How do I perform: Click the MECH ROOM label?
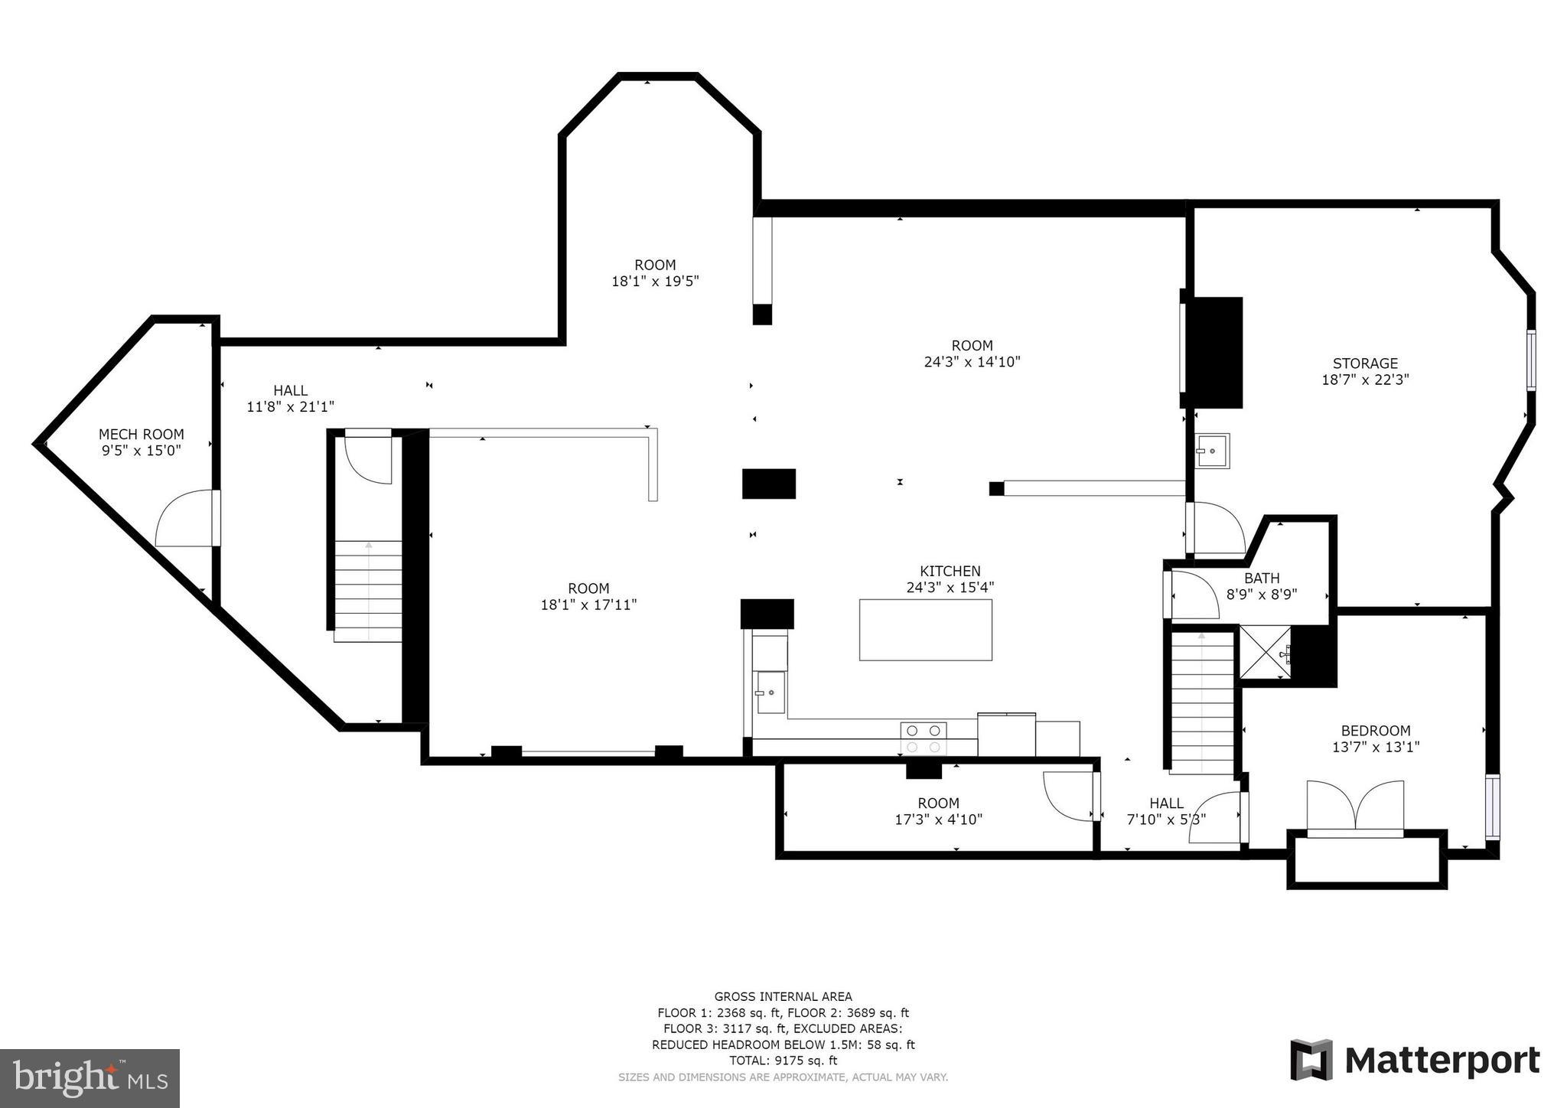[142, 435]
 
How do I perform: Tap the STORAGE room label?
[1365, 363]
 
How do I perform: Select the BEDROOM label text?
[1376, 731]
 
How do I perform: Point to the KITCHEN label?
[950, 571]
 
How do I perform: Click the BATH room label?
[1262, 578]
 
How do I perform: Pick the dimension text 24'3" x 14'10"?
[972, 362]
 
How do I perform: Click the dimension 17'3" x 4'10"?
[938, 820]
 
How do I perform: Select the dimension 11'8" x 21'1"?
[290, 407]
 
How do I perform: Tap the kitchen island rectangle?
[926, 630]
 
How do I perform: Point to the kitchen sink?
[771, 692]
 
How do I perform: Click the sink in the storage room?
[1213, 451]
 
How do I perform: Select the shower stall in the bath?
[1265, 653]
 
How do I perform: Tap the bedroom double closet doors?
[1355, 807]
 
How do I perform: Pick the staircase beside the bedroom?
[1201, 701]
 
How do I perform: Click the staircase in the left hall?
[368, 591]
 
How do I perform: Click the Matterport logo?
[1415, 1061]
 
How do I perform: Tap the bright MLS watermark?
[90, 1078]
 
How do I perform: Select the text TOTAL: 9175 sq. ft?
[783, 1061]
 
